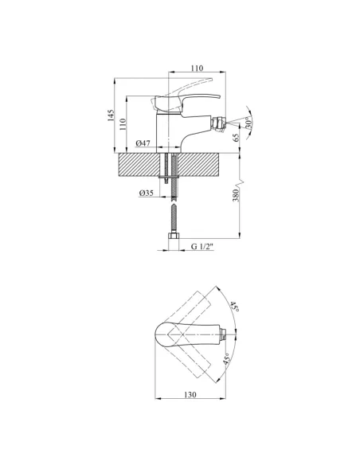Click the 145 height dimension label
[x=111, y=115]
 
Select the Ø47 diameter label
[x=143, y=143]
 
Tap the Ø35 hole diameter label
[x=147, y=193]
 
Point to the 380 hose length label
[x=236, y=195]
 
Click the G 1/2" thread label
[x=202, y=247]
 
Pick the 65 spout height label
[x=236, y=138]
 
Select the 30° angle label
[x=248, y=123]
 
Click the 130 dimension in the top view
[x=190, y=395]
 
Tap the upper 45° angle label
[x=234, y=307]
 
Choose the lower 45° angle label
[x=227, y=359]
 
